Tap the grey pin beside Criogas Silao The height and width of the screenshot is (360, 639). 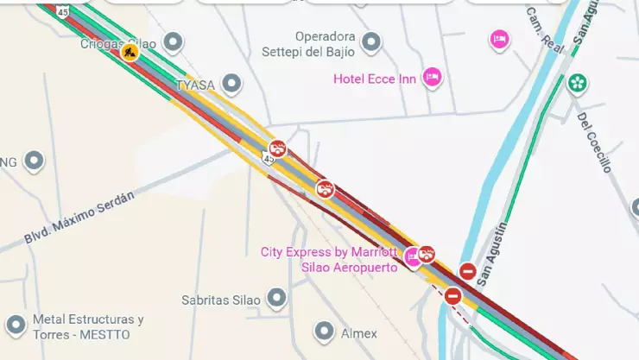point(174,41)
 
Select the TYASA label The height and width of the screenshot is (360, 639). point(195,85)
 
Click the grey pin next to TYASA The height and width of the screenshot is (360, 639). point(231,84)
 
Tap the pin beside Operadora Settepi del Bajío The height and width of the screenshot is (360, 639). point(371,41)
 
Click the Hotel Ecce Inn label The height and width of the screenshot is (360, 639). point(375,79)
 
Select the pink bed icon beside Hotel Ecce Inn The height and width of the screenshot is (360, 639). point(433,78)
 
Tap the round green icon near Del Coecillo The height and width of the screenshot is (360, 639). point(577,84)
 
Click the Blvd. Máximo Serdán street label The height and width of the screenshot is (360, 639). point(79,217)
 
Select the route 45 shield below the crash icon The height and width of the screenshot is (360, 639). point(269,158)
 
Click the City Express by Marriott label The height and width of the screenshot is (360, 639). point(329,253)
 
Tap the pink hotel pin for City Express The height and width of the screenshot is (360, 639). point(412,256)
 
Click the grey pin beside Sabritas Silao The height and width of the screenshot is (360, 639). point(276,299)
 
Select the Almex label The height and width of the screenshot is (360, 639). point(358,333)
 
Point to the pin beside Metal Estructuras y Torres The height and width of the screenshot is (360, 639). point(16,325)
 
